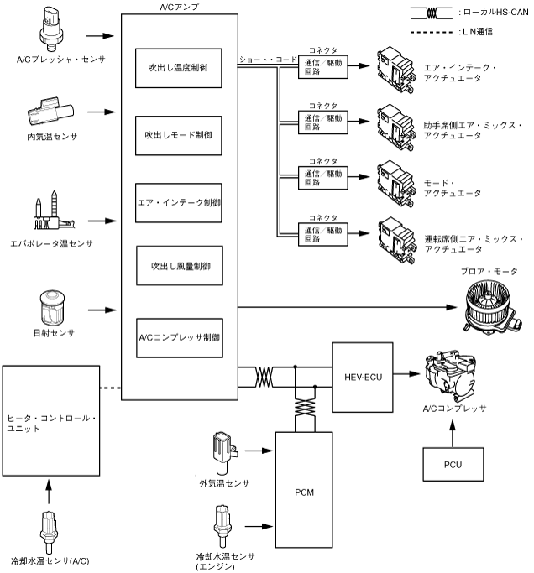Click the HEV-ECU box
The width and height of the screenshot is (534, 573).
tap(364, 377)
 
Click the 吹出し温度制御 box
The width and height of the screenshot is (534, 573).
tap(179, 67)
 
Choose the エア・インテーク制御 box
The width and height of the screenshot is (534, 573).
tap(179, 202)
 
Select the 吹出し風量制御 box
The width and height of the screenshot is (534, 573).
tap(179, 265)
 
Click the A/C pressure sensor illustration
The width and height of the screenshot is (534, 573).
tap(53, 29)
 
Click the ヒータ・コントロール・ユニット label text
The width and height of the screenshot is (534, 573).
tap(53, 423)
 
